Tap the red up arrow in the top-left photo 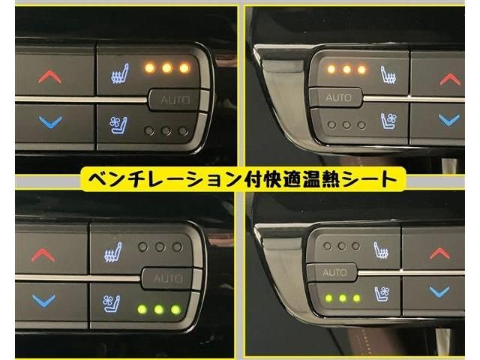pos(50,76)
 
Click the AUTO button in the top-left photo pos(175,100)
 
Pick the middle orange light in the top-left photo pos(166,67)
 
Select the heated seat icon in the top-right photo pos(388,75)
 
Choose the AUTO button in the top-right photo pos(337,98)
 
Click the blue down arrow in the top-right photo pos(449,120)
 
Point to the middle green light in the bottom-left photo pos(159,309)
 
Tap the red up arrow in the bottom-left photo pos(43,255)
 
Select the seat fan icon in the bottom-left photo pos(112,303)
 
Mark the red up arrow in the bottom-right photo pos(439,253)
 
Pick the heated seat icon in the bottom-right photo pos(381,250)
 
